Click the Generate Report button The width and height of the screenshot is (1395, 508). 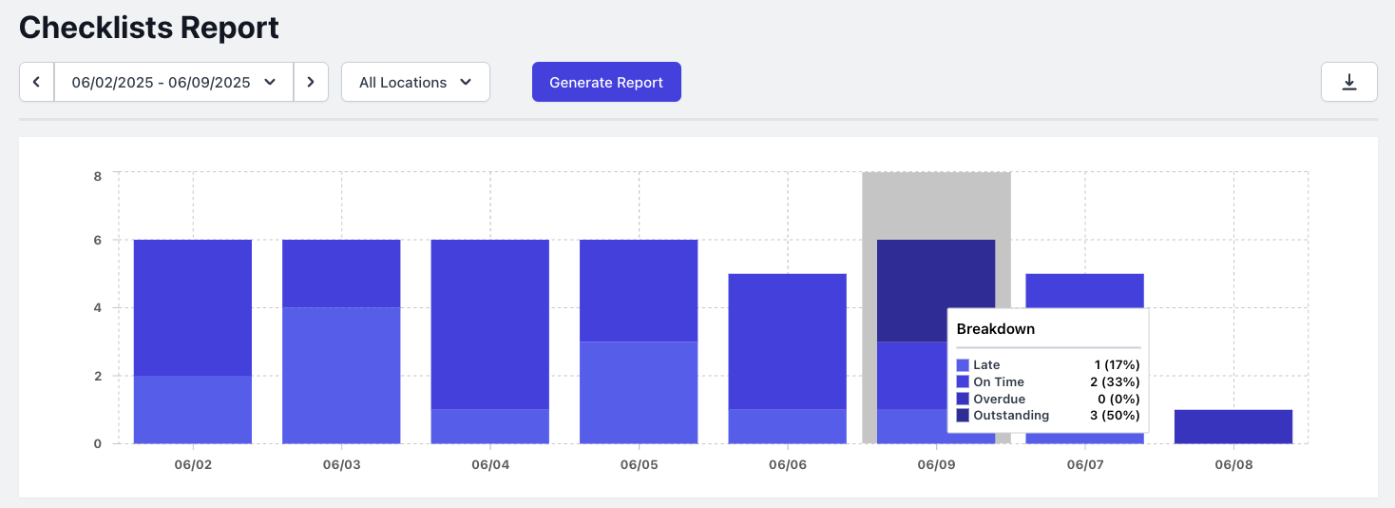606,83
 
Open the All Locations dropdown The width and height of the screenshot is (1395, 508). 415,83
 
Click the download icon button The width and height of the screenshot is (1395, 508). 1348,83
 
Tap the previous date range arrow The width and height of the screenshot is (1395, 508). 37,83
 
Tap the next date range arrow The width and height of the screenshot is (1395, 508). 311,83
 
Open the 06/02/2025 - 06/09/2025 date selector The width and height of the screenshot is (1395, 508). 174,83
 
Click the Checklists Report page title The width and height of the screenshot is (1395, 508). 149,28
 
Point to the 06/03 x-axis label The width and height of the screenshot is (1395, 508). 341,465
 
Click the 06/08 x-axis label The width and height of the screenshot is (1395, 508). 1233,465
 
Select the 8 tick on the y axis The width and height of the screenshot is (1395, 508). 97,175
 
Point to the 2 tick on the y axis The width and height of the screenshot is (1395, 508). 97,376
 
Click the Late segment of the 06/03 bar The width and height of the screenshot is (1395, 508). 341,375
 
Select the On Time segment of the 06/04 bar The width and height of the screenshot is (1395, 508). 490,323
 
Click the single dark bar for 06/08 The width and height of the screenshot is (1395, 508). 1233,426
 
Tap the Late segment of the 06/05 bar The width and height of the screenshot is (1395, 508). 639,392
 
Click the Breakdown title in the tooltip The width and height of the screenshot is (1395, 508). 995,329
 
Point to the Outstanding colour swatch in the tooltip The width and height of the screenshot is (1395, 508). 963,416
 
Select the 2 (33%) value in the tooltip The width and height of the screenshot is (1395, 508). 1114,381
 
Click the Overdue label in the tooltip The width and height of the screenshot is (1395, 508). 999,399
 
